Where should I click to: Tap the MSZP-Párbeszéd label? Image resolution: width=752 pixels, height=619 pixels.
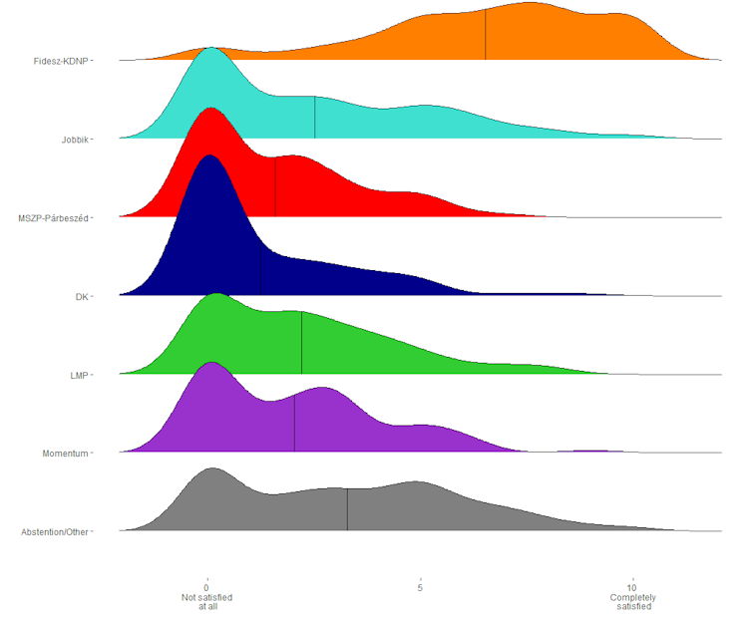(x=54, y=217)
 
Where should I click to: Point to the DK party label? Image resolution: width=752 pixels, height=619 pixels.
(x=82, y=296)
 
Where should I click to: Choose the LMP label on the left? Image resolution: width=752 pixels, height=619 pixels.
(x=79, y=375)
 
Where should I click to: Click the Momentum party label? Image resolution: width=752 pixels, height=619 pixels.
(x=66, y=454)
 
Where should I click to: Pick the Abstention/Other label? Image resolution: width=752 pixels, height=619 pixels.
(x=56, y=532)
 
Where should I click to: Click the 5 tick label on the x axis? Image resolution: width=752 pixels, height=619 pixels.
(x=420, y=588)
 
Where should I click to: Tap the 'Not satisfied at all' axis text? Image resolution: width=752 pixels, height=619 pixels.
(x=206, y=601)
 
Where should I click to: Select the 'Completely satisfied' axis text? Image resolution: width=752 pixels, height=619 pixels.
(x=632, y=601)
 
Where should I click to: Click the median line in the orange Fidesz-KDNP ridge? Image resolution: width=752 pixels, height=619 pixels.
(x=486, y=35)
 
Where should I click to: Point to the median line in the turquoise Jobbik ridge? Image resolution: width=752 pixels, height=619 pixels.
(x=315, y=118)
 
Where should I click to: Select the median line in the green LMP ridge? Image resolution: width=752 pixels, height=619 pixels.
(x=301, y=343)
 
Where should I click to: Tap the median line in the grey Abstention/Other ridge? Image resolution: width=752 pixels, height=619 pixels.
(x=347, y=508)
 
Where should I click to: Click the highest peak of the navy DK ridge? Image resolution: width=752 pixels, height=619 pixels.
(x=209, y=157)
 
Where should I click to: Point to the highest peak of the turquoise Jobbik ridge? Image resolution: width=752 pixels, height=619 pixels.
(x=210, y=49)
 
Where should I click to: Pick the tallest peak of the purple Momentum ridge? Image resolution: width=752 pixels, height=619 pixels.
(x=210, y=364)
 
